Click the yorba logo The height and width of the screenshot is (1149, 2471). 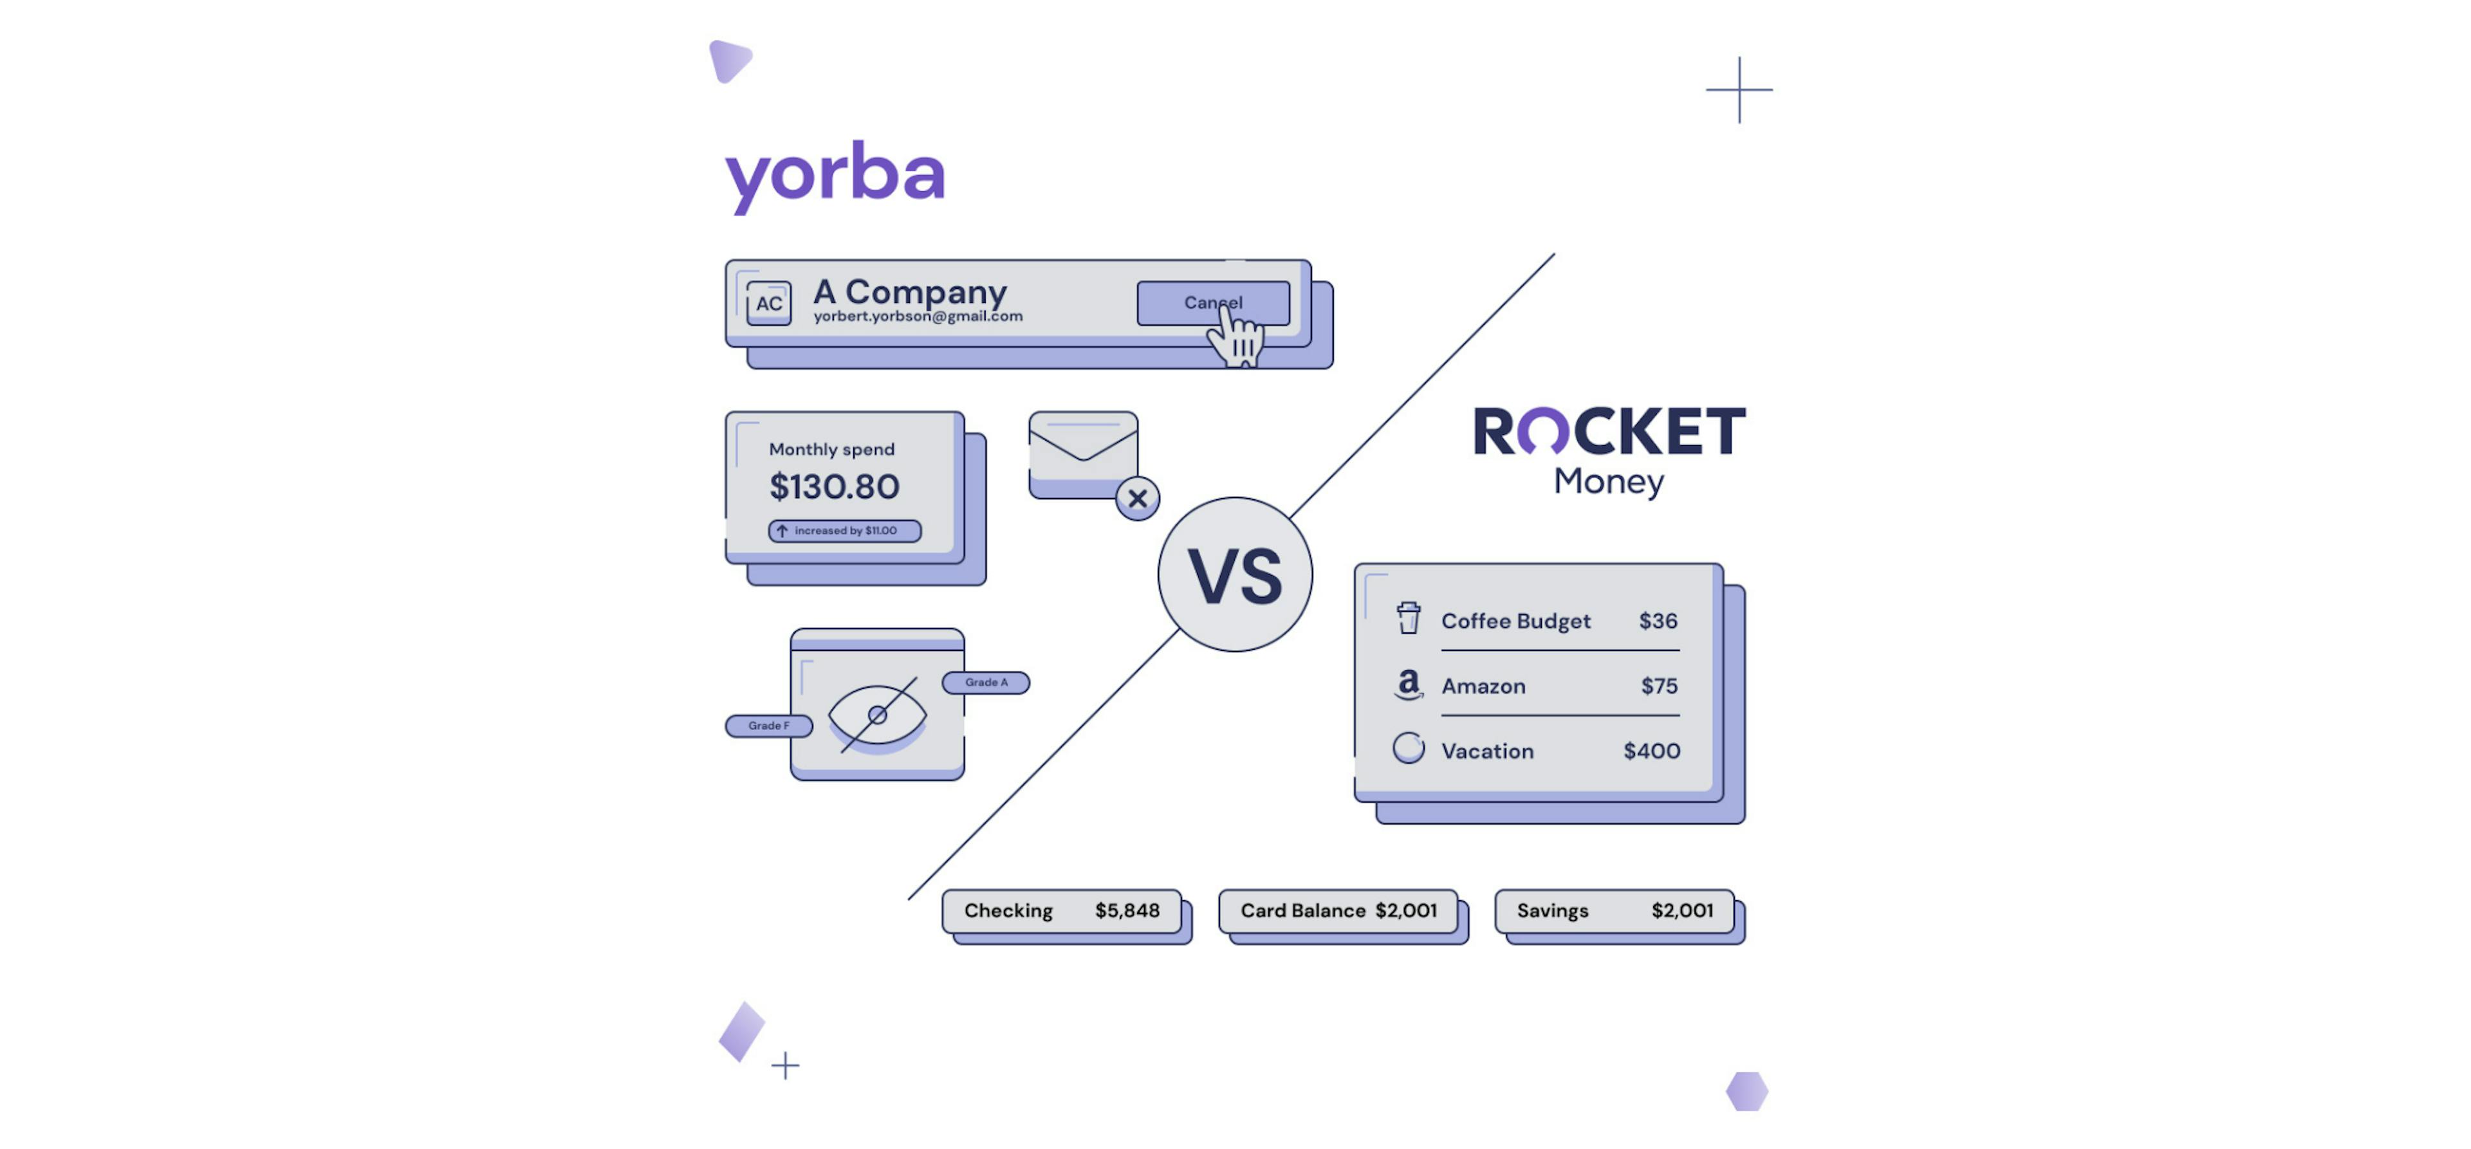835,176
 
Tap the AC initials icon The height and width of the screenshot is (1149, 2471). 768,303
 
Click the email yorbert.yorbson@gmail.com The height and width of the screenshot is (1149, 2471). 918,317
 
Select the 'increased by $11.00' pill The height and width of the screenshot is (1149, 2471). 844,530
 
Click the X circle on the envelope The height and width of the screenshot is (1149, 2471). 1138,499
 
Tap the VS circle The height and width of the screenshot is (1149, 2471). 1235,574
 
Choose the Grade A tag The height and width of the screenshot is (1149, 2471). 986,683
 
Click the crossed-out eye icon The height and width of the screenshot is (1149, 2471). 876,715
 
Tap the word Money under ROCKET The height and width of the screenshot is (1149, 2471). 1609,481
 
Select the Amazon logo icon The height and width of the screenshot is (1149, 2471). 1408,685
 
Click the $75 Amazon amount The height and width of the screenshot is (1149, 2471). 1658,686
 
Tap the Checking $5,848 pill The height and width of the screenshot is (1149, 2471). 1062,911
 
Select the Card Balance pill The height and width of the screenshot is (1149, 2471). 1338,911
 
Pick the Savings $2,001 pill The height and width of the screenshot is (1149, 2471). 1615,911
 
